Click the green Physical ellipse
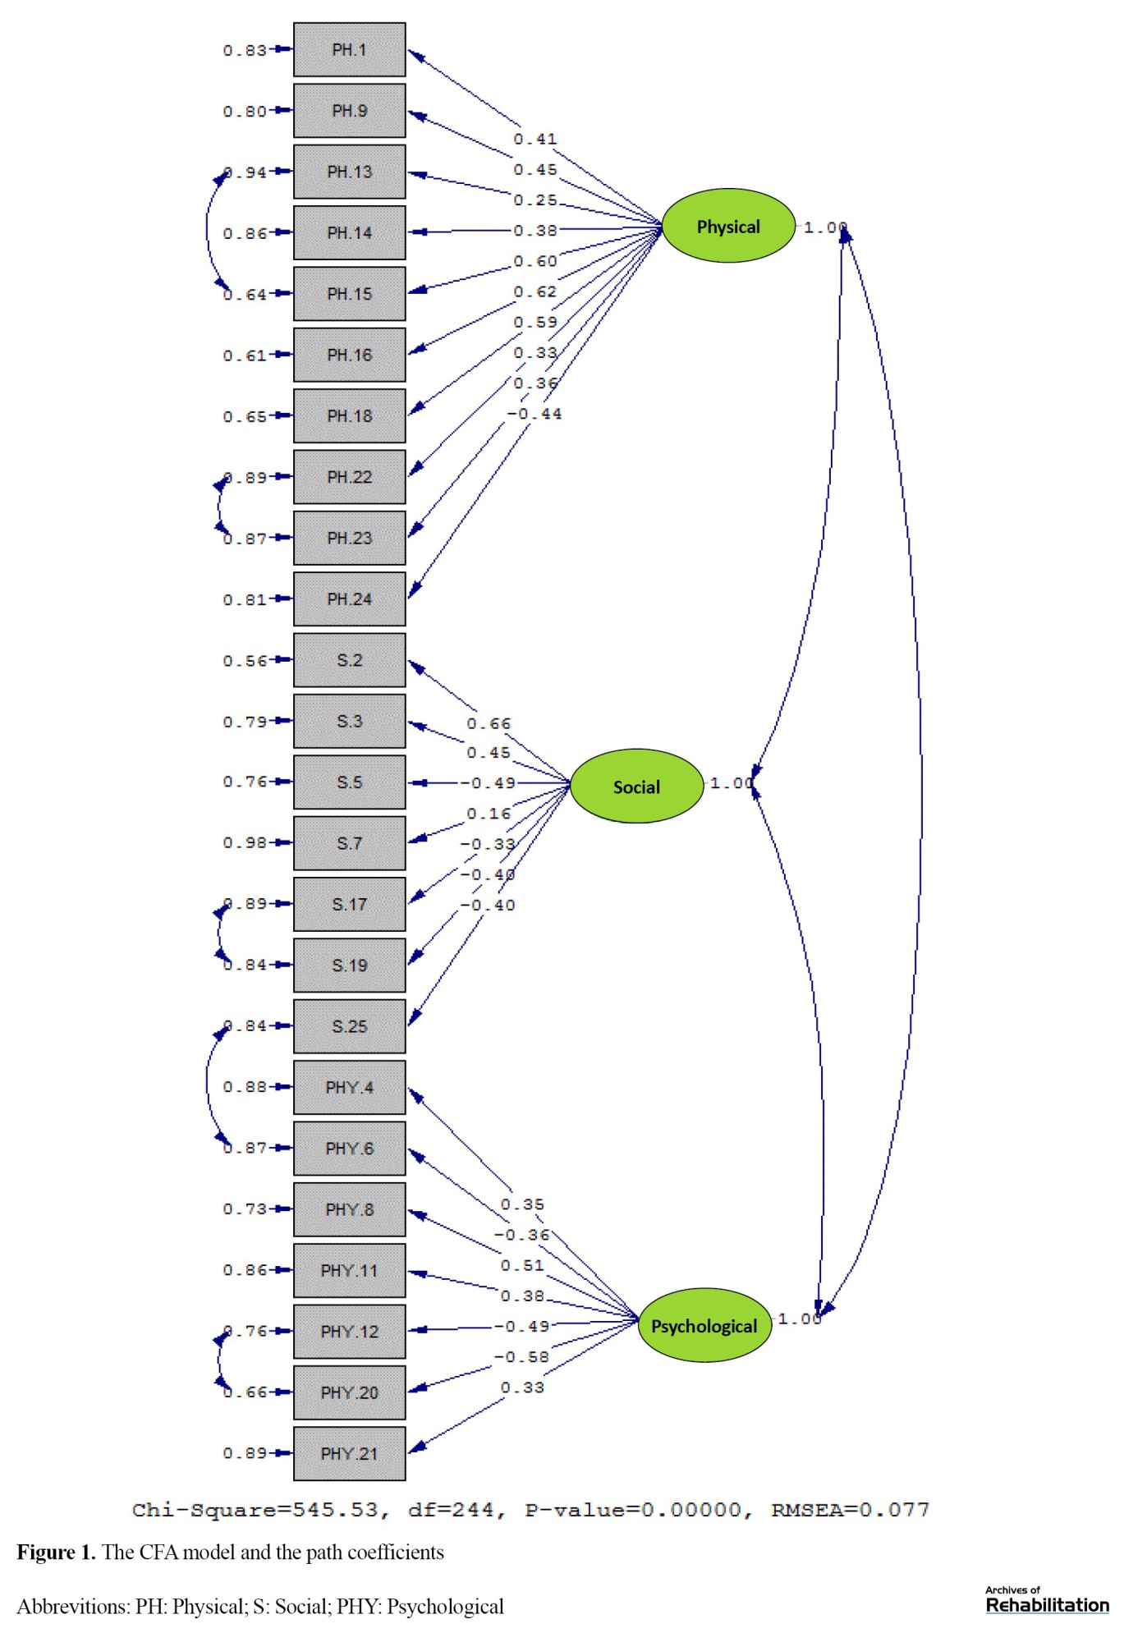coord(728,226)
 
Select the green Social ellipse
coord(636,787)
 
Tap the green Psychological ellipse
coord(704,1325)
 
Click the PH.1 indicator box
coord(350,50)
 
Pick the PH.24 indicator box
coord(350,599)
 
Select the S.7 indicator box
coord(350,843)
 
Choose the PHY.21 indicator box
coord(350,1454)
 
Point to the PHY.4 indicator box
coord(350,1088)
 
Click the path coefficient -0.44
coord(534,414)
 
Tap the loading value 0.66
coord(489,723)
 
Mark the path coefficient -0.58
coord(521,1357)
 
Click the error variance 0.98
coord(245,843)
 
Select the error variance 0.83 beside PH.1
coord(245,50)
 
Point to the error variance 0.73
coord(245,1209)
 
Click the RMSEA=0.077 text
coord(850,1510)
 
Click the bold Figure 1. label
coord(57,1553)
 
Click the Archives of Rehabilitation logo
coord(1047,1601)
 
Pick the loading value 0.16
coord(489,814)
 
